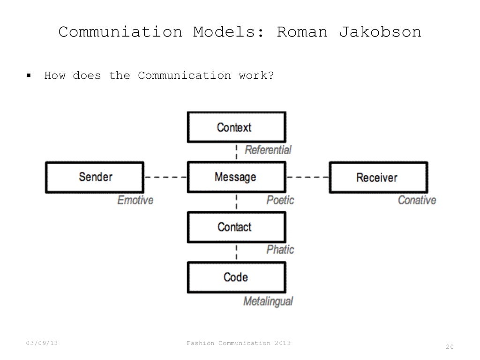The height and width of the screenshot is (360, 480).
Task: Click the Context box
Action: pyautogui.click(x=236, y=127)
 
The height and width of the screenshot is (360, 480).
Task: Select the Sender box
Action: pyautogui.click(x=95, y=177)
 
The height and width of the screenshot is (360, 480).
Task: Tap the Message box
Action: pyautogui.click(x=236, y=177)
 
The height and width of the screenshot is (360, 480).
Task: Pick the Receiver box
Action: pyautogui.click(x=377, y=177)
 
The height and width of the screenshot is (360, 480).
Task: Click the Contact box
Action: pyautogui.click(x=236, y=227)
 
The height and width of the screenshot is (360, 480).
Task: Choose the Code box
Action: pyautogui.click(x=236, y=277)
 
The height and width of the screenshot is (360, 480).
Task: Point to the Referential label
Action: pyautogui.click(x=268, y=150)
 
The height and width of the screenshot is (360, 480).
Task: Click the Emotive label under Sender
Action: pyautogui.click(x=135, y=200)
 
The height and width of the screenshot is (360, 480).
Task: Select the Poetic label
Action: pyautogui.click(x=280, y=200)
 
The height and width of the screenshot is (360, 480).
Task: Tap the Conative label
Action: pyautogui.click(x=417, y=200)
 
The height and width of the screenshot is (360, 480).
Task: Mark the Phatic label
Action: pyautogui.click(x=280, y=249)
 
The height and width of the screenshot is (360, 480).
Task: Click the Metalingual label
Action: pyautogui.click(x=268, y=301)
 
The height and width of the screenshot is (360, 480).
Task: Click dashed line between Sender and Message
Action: pyautogui.click(x=165, y=177)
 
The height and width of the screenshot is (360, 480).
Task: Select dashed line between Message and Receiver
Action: pyautogui.click(x=307, y=177)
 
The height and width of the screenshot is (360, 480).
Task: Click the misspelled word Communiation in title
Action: pyautogui.click(x=120, y=33)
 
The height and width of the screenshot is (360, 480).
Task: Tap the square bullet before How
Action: pyautogui.click(x=29, y=75)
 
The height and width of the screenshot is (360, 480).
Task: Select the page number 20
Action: pyautogui.click(x=450, y=347)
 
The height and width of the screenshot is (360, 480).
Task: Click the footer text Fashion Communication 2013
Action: pyautogui.click(x=238, y=344)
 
